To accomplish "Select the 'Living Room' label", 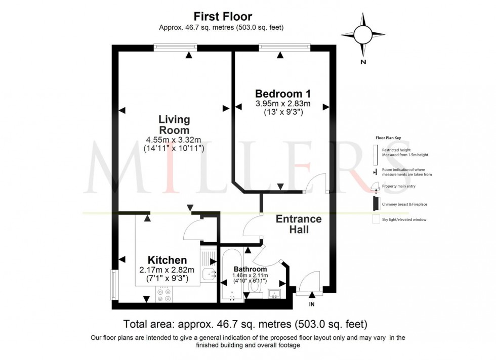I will coord(174,125).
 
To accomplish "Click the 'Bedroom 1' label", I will coord(282,94).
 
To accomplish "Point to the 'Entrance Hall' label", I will coord(299,224).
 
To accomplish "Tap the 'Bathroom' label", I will coord(250,269).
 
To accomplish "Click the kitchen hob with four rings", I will coord(164,294).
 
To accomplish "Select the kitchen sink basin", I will coord(208,275).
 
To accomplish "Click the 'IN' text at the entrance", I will coord(312,304).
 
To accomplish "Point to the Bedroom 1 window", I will coord(279,47).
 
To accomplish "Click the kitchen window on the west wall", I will coord(114,284).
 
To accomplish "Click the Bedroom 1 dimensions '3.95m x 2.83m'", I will coord(282,104).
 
